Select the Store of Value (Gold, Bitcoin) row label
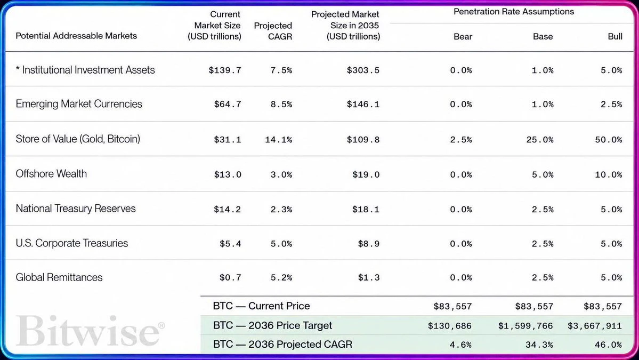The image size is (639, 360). (x=78, y=139)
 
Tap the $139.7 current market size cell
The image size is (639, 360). (x=225, y=70)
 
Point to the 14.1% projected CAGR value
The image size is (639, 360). (x=278, y=140)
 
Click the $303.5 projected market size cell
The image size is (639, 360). (x=363, y=70)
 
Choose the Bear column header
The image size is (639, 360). (x=463, y=36)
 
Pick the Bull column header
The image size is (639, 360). (x=615, y=36)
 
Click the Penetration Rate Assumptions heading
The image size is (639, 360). (x=513, y=12)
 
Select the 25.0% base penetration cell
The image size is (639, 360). (x=540, y=140)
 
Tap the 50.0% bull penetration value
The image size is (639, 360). (x=609, y=140)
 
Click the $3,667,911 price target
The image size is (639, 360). (x=595, y=326)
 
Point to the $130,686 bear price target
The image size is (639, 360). (x=449, y=326)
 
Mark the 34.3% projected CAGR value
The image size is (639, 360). (x=539, y=345)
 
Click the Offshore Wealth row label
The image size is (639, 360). (x=51, y=174)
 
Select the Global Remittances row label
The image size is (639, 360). (x=59, y=277)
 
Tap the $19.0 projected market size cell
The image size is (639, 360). (x=366, y=174)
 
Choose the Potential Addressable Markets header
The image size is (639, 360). (x=76, y=36)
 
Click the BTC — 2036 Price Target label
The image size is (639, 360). (x=272, y=325)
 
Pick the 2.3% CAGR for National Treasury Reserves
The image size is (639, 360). (x=281, y=210)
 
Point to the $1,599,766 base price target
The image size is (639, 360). (x=525, y=326)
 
